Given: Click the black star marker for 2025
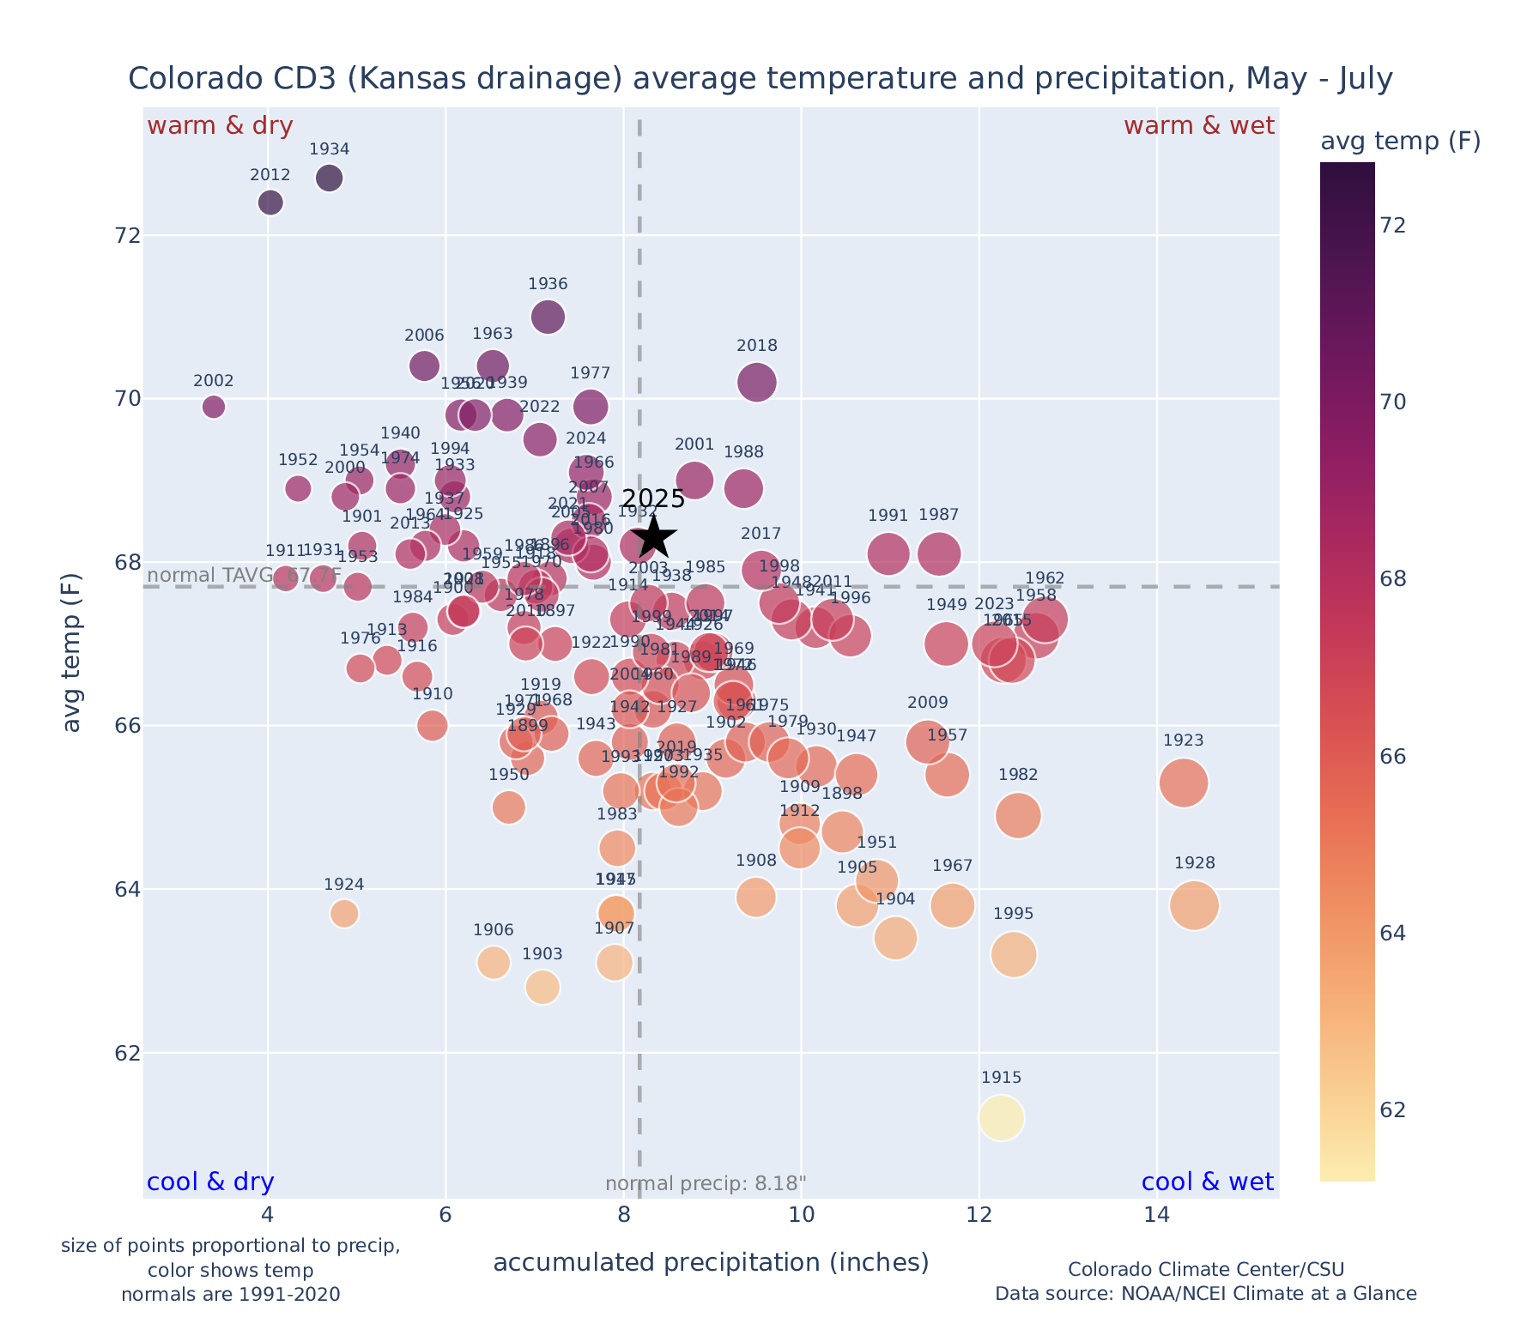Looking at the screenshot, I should [x=653, y=537].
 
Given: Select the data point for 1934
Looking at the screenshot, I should [x=330, y=178].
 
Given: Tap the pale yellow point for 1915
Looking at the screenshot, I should [x=1001, y=1118].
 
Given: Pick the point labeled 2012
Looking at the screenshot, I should [x=270, y=203].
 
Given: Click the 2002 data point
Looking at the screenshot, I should [x=214, y=407].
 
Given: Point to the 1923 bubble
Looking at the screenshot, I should [x=1184, y=783].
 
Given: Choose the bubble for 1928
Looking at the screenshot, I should [x=1194, y=905].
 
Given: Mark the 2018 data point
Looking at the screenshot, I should [x=757, y=382].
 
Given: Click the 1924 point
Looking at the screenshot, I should [x=344, y=914].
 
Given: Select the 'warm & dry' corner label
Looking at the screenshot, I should [x=220, y=126].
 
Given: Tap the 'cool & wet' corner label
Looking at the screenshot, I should [x=1208, y=1182].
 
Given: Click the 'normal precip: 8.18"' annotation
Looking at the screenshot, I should [x=706, y=1184].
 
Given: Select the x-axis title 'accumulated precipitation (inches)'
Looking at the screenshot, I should [x=711, y=1262].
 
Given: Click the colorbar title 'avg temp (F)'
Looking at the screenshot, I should [x=1400, y=142].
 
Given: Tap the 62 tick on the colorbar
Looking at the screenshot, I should [x=1393, y=1110].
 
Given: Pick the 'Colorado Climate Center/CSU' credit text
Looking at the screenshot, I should [x=1206, y=1269].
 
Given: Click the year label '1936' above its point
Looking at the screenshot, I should [x=548, y=284].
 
